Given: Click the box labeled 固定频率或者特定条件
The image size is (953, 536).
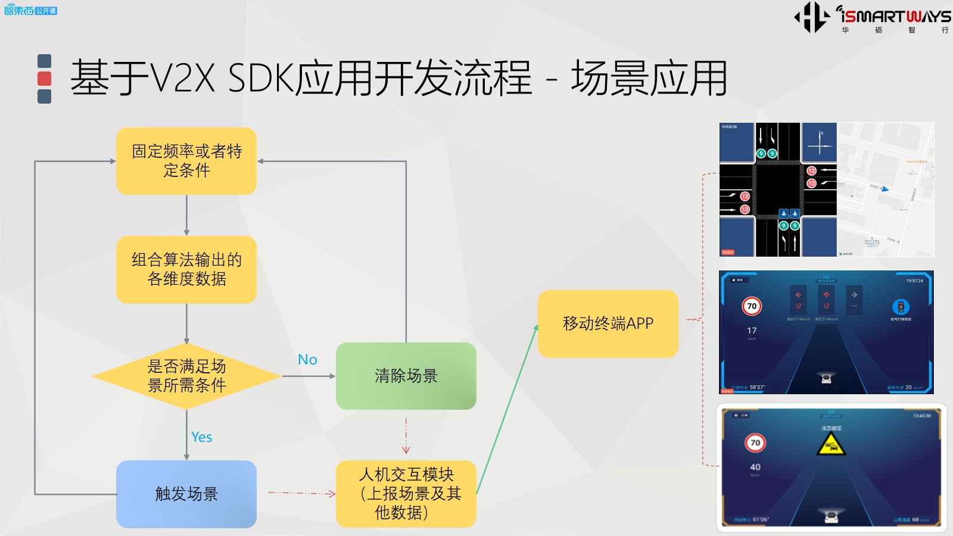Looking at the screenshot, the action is [186, 161].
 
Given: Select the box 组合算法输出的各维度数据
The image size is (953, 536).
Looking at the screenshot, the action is [186, 269].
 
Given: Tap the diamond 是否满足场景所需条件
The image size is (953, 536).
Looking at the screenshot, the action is [186, 376].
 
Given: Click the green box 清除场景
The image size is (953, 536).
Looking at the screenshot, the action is [406, 376].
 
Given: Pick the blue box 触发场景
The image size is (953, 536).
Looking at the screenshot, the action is [186, 494].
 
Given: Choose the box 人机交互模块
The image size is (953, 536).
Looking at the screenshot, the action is [406, 494].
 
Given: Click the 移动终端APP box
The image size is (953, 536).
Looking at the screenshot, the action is [608, 323].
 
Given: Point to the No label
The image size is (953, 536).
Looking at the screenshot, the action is [307, 360].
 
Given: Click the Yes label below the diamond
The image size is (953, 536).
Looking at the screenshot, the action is [201, 437].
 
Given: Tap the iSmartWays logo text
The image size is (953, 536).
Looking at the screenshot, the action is [893, 16].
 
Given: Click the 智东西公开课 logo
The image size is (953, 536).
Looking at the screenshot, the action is [30, 10].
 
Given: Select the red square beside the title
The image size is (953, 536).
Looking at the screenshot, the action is [44, 79].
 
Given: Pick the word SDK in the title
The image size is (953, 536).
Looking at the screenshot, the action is [262, 79].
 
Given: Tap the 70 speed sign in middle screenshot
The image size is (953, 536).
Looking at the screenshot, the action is [752, 306].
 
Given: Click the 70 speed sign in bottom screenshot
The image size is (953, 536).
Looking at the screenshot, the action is [755, 442].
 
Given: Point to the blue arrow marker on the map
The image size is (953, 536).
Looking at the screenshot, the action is [885, 189].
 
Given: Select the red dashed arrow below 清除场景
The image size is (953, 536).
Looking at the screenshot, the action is [406, 436].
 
